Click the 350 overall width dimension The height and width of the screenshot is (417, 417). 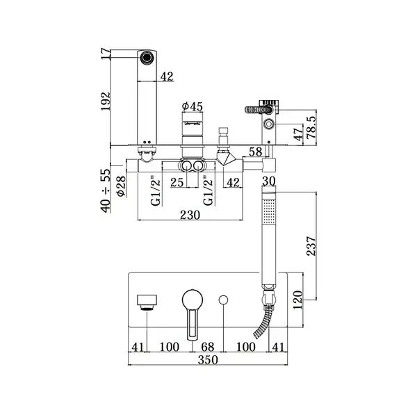(x=208, y=360)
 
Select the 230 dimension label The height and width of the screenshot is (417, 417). (x=190, y=215)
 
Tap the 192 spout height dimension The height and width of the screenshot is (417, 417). (x=106, y=101)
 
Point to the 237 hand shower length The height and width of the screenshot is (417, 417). (x=311, y=246)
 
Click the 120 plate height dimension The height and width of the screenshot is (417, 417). (x=298, y=300)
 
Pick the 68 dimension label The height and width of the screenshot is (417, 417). (x=207, y=347)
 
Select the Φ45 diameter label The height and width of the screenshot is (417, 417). (x=193, y=106)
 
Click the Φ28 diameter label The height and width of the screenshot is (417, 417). (x=121, y=186)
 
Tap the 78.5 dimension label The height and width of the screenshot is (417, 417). (x=311, y=127)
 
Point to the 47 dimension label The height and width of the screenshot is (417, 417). (x=298, y=135)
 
